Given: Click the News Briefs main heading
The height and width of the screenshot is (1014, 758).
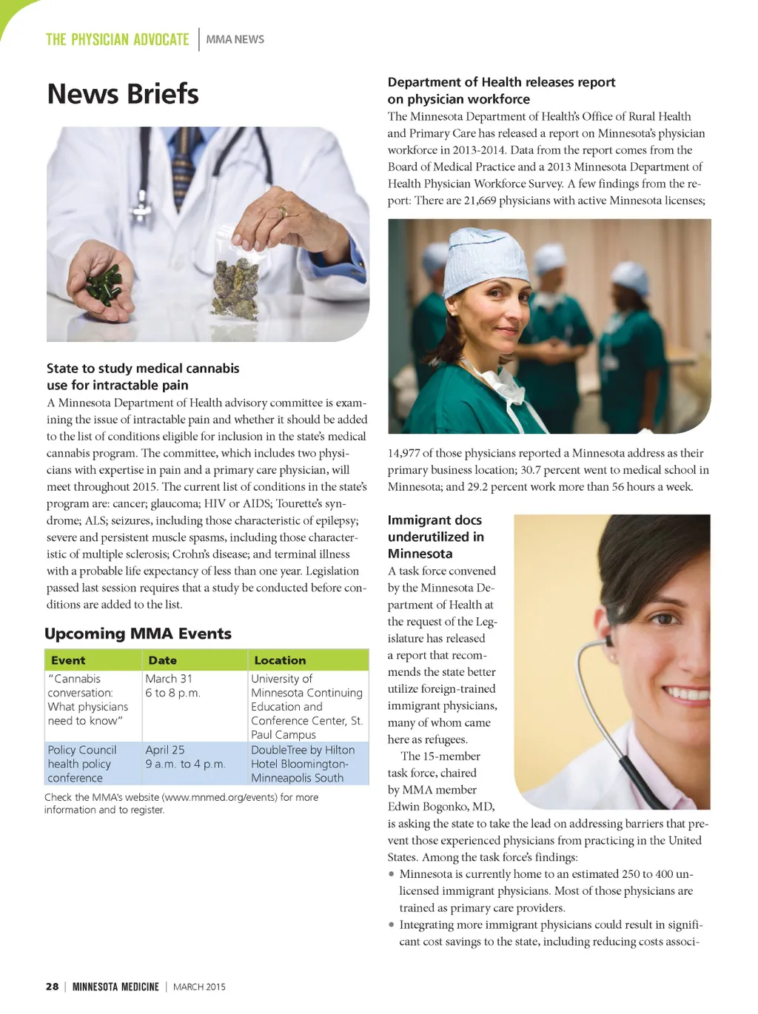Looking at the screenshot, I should [x=123, y=94].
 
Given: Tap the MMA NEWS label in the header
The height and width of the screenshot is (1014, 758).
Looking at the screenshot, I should [x=235, y=39].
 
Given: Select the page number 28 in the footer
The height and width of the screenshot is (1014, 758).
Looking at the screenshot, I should [x=52, y=987].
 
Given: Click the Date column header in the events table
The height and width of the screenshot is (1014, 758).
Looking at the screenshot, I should [x=162, y=660].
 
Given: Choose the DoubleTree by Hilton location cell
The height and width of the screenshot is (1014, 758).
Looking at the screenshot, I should [x=303, y=764].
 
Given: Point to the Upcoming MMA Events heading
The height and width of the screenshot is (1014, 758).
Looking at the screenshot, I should [x=138, y=634].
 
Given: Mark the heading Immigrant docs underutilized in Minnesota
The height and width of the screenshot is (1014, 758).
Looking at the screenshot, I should [x=436, y=537].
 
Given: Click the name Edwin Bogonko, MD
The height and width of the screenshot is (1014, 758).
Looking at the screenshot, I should [x=440, y=807].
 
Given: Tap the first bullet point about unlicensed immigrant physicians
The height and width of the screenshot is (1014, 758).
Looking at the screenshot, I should [x=546, y=891].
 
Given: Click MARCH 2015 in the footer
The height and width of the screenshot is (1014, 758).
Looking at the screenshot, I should [x=199, y=987].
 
